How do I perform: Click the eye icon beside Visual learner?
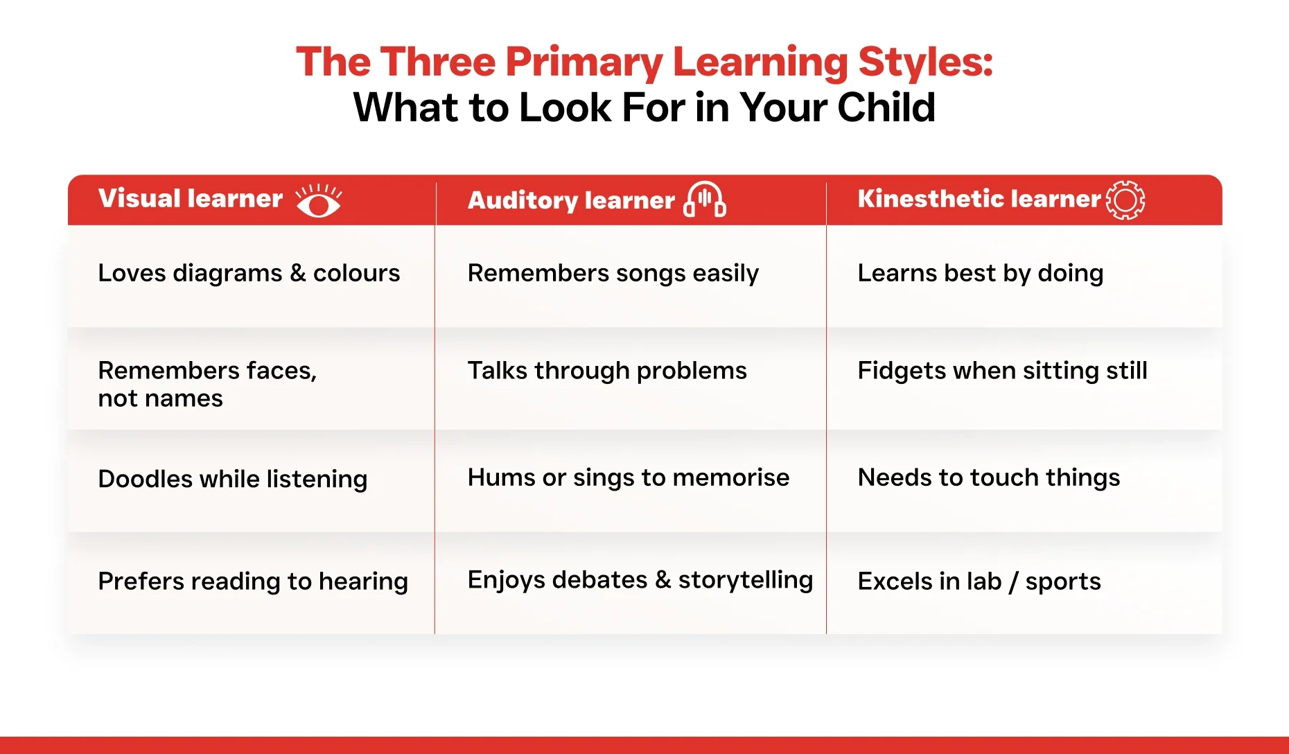pyautogui.click(x=319, y=200)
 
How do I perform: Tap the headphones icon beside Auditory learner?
pyautogui.click(x=705, y=200)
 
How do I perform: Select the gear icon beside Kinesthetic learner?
pyautogui.click(x=1125, y=200)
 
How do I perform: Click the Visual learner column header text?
pyautogui.click(x=191, y=199)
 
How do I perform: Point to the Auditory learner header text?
pyautogui.click(x=571, y=200)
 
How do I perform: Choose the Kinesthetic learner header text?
pyautogui.click(x=979, y=199)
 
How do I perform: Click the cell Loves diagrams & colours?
pyautogui.click(x=249, y=273)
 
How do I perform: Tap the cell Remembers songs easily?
pyautogui.click(x=613, y=273)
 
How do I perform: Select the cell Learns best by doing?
pyautogui.click(x=981, y=273)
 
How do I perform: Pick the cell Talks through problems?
pyautogui.click(x=607, y=371)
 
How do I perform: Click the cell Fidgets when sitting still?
pyautogui.click(x=1003, y=371)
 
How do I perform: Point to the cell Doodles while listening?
pyautogui.click(x=233, y=479)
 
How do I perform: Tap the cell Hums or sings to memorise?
pyautogui.click(x=629, y=477)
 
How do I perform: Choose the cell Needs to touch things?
pyautogui.click(x=989, y=477)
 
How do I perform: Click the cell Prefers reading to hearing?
pyautogui.click(x=253, y=581)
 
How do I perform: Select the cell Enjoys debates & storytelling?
pyautogui.click(x=640, y=580)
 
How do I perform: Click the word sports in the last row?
pyautogui.click(x=1063, y=582)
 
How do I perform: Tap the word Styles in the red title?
pyautogui.click(x=926, y=62)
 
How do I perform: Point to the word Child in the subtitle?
pyautogui.click(x=886, y=108)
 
